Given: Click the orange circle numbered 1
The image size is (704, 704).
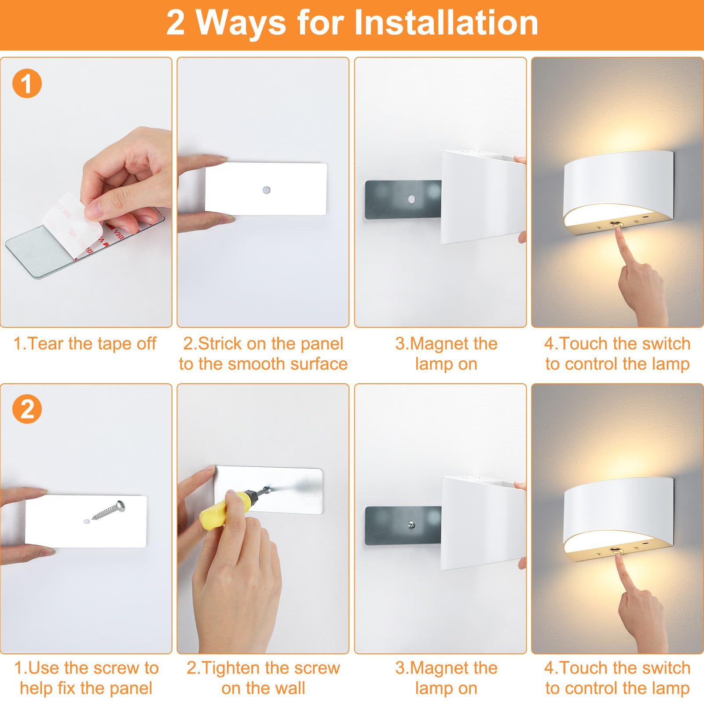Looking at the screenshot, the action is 27,83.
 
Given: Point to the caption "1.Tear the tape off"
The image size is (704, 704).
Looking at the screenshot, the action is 84,344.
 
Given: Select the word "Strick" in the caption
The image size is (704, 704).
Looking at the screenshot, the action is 220,344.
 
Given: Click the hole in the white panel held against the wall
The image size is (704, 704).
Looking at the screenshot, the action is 266,190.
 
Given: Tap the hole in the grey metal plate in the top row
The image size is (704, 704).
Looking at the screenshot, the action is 411,199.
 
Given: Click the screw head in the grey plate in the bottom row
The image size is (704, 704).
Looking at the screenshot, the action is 411,525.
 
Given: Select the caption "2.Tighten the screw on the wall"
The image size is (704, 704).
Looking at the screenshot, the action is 263,678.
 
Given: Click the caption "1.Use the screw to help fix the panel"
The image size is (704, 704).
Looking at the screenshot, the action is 86,678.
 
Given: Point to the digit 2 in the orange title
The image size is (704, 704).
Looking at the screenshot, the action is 175,22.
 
